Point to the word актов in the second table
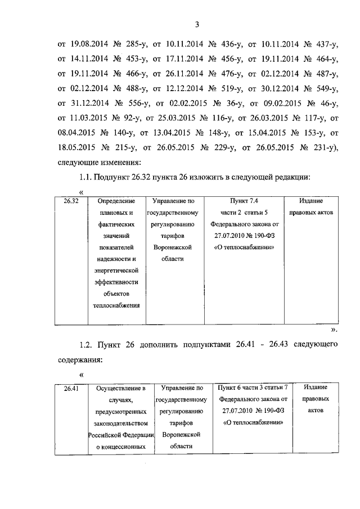coord(316,411)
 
